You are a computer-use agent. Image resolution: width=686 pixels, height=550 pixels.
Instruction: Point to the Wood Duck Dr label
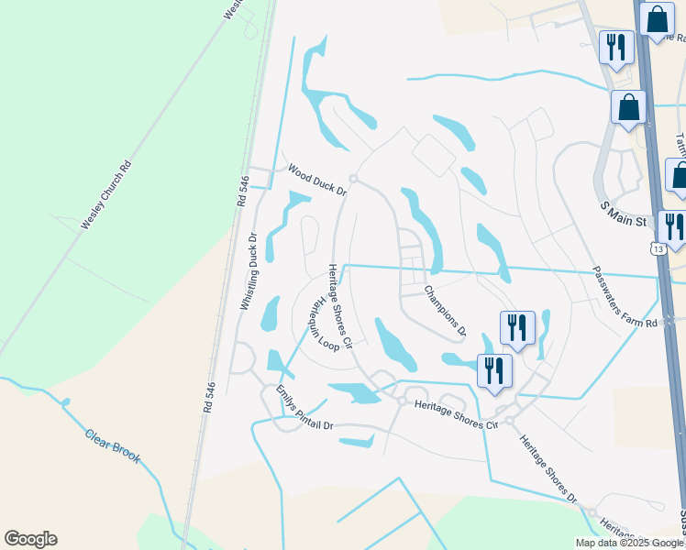click(316, 180)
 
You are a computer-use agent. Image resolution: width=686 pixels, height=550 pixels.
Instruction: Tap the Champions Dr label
click(445, 310)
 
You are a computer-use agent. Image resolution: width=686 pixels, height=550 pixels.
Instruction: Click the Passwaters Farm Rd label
click(625, 297)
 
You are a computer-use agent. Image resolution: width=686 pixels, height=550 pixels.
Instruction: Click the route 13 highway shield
click(658, 248)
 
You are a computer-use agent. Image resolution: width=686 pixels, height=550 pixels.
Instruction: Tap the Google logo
click(30, 539)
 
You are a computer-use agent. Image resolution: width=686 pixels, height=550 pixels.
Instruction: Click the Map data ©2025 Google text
click(629, 543)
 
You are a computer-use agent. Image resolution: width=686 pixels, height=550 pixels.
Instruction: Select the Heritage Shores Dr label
click(548, 468)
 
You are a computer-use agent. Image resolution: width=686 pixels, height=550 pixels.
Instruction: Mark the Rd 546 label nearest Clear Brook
click(207, 400)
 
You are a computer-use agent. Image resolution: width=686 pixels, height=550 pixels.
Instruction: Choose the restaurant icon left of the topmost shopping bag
click(615, 46)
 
